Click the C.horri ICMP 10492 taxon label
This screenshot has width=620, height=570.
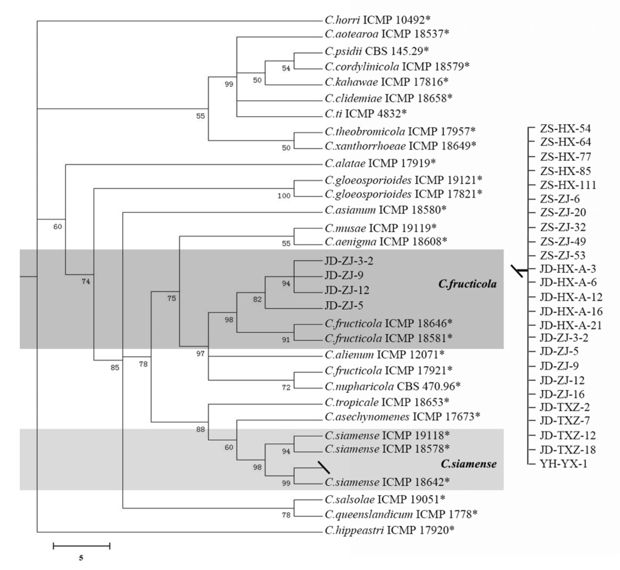pos(377,20)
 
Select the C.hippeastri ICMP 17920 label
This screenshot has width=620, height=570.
pos(389,530)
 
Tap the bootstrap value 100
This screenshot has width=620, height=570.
pos(284,196)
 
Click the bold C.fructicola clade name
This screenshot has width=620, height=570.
pos(467,284)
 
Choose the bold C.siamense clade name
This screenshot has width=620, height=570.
pos(468,464)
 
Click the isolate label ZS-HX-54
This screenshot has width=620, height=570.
pos(565,128)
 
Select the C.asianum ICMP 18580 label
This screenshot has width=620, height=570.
pos(385,210)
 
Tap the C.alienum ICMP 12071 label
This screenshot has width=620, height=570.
pos(384,354)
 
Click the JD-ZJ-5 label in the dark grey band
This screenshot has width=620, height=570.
pos(344,306)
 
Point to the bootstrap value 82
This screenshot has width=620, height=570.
pos(257,300)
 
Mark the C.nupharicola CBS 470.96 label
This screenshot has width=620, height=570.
pos(392,386)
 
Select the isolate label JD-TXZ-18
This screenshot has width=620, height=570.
pos(567,450)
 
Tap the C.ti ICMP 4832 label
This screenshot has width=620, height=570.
pos(366,114)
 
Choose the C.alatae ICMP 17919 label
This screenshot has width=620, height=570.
pos(380,163)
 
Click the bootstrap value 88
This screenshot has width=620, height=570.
pos(200,429)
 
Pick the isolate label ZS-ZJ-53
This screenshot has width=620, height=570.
pos(563,255)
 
